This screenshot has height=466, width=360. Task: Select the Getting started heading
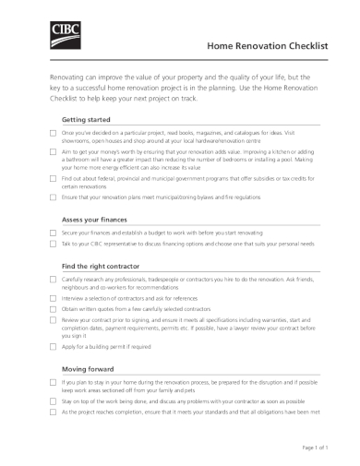(x=85, y=120)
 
